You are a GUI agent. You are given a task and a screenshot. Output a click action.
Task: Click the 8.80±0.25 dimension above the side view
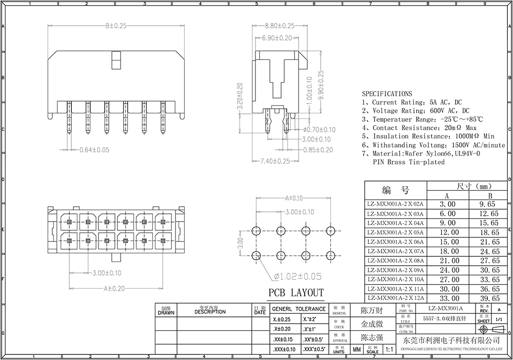[279, 26]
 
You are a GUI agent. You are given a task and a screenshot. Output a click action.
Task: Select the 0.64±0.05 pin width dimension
[94, 150]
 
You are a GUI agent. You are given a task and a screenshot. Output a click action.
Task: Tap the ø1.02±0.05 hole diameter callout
[298, 276]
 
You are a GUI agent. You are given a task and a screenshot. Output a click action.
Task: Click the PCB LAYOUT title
[297, 293]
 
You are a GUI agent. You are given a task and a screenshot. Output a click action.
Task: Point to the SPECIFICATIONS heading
[387, 94]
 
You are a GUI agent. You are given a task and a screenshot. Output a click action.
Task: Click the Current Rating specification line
[412, 102]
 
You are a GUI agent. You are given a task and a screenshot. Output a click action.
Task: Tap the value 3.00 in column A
[447, 204]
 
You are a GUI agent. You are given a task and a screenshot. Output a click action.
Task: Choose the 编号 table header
[396, 191]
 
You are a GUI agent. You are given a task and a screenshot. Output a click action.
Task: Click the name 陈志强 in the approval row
[372, 337]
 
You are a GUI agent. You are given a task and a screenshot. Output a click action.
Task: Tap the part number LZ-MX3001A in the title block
[445, 308]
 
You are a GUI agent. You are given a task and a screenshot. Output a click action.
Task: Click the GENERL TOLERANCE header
[298, 309]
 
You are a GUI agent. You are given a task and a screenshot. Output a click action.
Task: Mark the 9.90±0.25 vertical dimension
[321, 84]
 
